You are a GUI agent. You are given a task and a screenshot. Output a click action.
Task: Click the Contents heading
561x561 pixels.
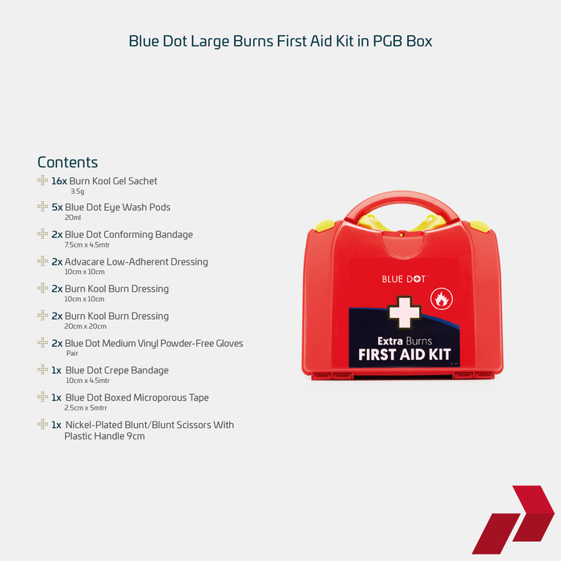tap(67, 163)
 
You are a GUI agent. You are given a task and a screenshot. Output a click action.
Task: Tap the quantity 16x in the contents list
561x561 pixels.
tap(59, 181)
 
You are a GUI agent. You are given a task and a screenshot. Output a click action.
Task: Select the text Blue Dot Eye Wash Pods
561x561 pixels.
tap(117, 208)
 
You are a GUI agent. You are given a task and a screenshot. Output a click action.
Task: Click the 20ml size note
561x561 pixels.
tap(73, 217)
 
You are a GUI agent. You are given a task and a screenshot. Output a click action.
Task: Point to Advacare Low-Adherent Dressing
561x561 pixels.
tap(136, 262)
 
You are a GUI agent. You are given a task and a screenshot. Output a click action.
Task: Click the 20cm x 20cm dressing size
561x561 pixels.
tap(86, 326)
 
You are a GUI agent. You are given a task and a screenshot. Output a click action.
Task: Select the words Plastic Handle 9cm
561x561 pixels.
tap(104, 436)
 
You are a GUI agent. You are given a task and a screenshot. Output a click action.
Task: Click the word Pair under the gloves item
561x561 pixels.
tap(72, 353)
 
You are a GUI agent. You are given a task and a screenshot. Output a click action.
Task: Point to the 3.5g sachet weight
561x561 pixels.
tap(77, 192)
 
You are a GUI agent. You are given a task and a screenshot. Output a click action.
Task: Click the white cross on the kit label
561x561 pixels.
tap(404, 312)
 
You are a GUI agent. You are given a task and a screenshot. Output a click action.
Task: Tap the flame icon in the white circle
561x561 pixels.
tap(442, 299)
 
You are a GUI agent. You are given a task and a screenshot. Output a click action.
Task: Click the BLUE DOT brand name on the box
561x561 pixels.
tap(404, 279)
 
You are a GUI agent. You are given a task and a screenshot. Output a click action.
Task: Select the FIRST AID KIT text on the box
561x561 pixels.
tap(404, 354)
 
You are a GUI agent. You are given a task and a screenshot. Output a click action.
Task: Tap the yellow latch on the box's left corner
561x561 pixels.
tap(325, 225)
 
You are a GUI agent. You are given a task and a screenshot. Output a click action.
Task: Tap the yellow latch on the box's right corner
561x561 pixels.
tap(479, 227)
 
